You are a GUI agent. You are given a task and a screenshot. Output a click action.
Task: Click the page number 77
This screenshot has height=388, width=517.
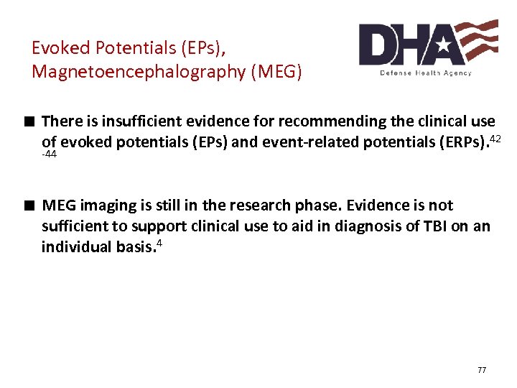[481, 370]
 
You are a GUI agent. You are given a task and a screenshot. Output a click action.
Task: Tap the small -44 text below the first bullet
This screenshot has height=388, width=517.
[50, 154]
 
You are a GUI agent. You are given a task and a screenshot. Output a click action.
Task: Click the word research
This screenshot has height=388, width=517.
[276, 205]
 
